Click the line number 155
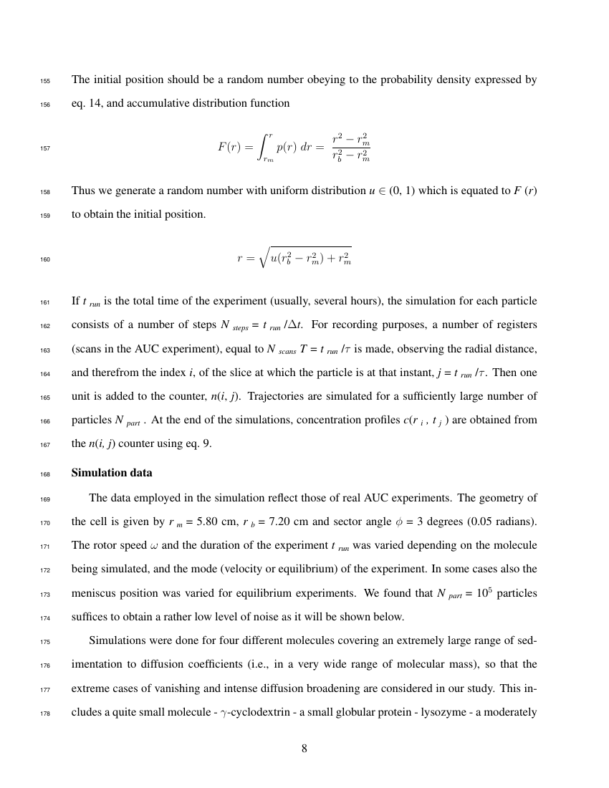point(44,81)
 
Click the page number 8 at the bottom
point(304,749)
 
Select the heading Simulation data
point(112,474)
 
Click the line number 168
point(44,474)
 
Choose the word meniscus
point(96,594)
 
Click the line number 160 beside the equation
point(44,260)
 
